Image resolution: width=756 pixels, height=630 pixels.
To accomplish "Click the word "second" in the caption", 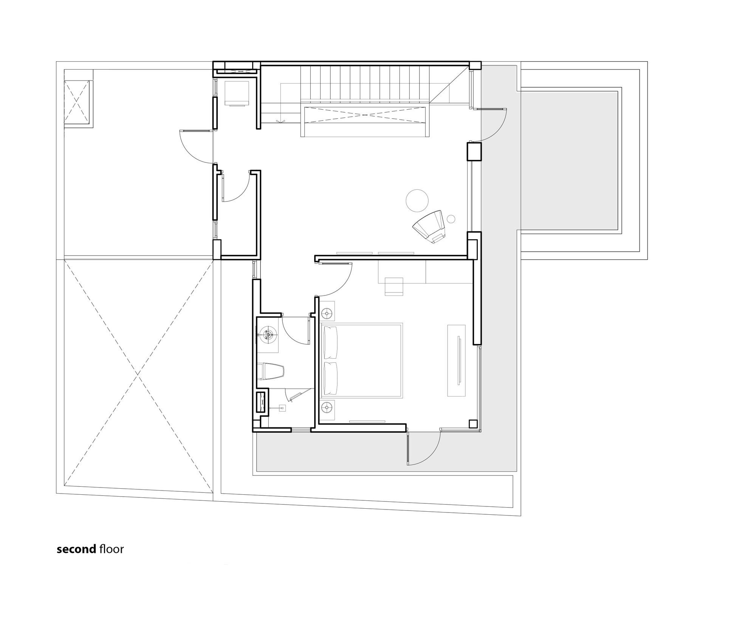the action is [x=76, y=549].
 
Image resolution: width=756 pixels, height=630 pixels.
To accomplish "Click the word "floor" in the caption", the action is [x=112, y=549].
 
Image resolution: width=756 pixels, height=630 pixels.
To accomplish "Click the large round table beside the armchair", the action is [x=417, y=201].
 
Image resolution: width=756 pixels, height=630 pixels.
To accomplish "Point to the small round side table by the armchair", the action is [x=451, y=219].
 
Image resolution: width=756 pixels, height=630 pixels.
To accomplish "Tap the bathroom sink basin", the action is [x=268, y=334].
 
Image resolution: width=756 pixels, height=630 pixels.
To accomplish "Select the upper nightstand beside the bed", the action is [x=327, y=313].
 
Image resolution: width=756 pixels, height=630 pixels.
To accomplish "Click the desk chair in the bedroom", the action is [x=394, y=286].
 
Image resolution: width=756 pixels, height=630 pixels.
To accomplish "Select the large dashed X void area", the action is [x=138, y=375].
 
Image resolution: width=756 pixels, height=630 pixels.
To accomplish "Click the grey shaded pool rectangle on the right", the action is [x=569, y=160].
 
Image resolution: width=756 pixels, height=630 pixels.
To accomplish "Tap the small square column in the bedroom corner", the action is [x=472, y=424].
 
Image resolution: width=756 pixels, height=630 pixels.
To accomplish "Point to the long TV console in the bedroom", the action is [x=456, y=360].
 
